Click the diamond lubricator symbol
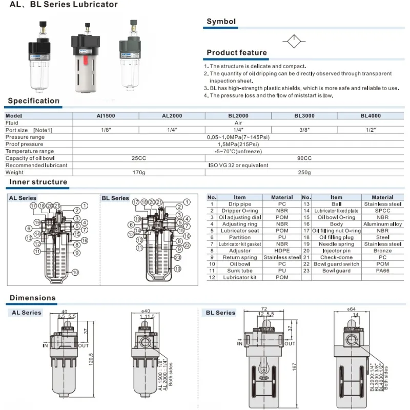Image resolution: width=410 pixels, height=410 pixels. click(x=293, y=40)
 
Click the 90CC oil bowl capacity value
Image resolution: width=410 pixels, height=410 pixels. click(x=304, y=158)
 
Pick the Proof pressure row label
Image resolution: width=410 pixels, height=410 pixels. click(x=24, y=144)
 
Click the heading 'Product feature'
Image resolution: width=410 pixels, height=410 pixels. click(x=236, y=53)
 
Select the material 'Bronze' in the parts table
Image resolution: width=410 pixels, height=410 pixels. click(x=382, y=251)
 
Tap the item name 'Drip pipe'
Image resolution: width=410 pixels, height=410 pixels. click(x=240, y=204)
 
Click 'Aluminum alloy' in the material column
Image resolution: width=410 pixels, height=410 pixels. click(x=382, y=224)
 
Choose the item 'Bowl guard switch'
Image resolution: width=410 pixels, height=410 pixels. click(x=336, y=264)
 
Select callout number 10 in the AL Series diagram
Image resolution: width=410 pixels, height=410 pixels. click(x=75, y=272)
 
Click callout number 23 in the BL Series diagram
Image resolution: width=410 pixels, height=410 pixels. click(x=177, y=257)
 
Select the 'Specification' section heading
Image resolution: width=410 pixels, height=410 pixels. click(x=34, y=101)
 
